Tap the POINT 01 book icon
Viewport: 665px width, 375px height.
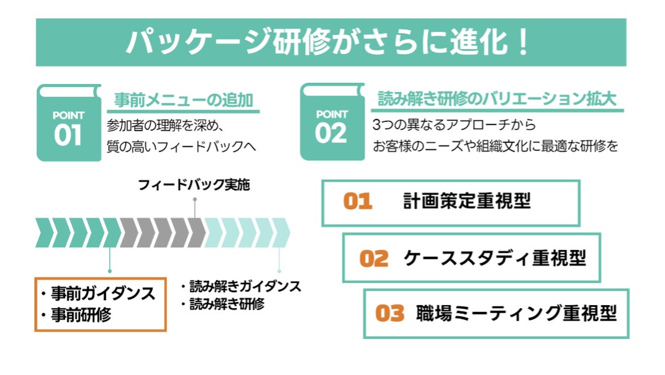click(68, 124)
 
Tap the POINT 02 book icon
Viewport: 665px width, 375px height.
click(331, 124)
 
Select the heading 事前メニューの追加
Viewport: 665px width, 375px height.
click(184, 100)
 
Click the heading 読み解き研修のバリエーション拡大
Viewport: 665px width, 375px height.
click(497, 100)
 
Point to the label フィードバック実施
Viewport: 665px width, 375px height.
click(194, 185)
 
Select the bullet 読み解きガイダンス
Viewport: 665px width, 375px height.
click(244, 286)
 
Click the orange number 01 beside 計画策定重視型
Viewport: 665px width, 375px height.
click(358, 202)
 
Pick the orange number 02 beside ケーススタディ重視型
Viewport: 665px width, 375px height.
click(374, 258)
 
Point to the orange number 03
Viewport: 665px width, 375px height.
click(390, 314)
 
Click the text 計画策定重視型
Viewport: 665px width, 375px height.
click(467, 201)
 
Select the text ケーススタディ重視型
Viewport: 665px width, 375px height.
click(494, 258)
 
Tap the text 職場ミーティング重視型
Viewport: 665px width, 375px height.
click(516, 313)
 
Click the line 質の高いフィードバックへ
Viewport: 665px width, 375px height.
click(180, 147)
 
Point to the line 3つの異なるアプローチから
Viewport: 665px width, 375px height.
click(454, 125)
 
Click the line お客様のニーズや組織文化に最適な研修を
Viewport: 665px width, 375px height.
click(495, 147)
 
